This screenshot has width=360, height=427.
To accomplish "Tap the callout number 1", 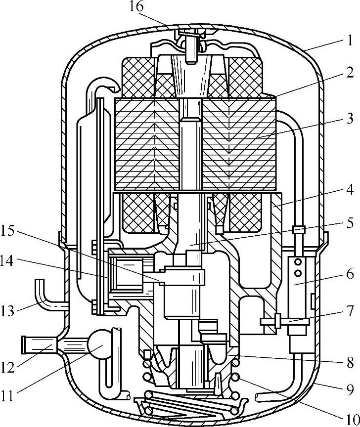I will pos(349,39).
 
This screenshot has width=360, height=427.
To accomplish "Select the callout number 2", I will pos(349,73).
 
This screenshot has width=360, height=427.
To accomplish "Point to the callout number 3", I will pos(349,118).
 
